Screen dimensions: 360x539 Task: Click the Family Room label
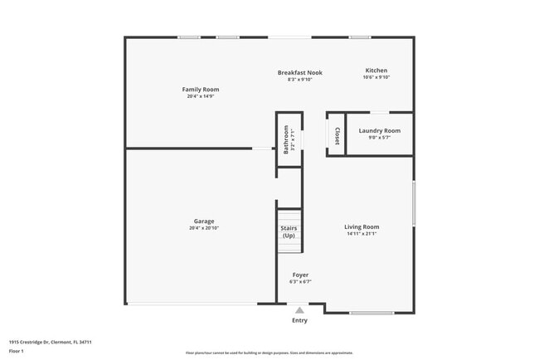(x=201, y=89)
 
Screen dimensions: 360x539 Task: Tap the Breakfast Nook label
(x=299, y=72)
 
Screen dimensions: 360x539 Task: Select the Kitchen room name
(x=376, y=71)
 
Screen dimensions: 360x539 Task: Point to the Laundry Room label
(x=379, y=130)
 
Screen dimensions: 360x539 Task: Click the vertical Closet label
(x=337, y=134)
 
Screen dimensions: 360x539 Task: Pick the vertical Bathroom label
(x=286, y=139)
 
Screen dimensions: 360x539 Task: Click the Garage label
(x=204, y=221)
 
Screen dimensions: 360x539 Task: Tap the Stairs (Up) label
(x=289, y=231)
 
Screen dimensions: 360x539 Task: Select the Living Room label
(x=362, y=226)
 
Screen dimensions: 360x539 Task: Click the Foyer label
(x=300, y=275)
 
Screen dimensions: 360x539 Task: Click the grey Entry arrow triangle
(x=299, y=310)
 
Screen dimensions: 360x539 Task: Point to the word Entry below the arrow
(x=299, y=320)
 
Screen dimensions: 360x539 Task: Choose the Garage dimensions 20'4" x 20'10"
(x=204, y=227)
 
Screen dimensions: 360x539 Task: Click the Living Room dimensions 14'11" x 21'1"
(x=362, y=233)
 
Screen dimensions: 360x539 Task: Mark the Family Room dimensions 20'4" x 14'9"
(x=201, y=96)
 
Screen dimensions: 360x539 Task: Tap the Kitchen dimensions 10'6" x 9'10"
(x=376, y=78)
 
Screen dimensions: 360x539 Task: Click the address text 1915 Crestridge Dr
(x=50, y=342)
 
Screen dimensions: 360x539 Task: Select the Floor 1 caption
(x=17, y=351)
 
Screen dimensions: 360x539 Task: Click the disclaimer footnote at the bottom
(x=268, y=352)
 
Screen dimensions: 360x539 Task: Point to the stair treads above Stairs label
(x=289, y=215)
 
